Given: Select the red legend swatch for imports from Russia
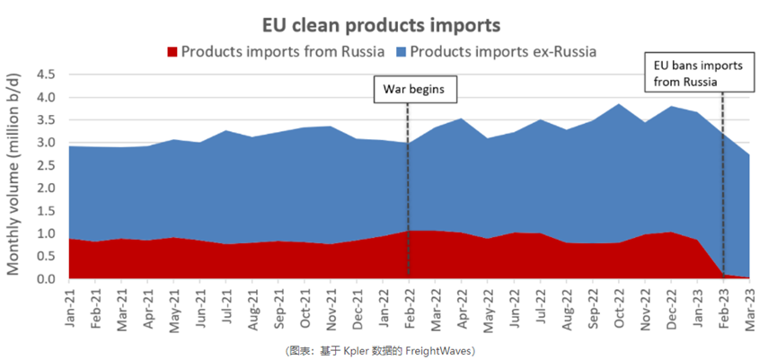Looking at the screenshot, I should [x=172, y=50].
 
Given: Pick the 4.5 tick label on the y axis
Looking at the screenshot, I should [x=47, y=75].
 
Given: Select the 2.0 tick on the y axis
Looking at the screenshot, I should [x=47, y=189].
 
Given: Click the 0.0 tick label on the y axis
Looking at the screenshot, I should [x=47, y=280].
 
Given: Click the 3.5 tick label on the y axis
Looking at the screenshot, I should [x=47, y=120].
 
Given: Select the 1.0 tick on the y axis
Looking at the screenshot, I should [x=47, y=234].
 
